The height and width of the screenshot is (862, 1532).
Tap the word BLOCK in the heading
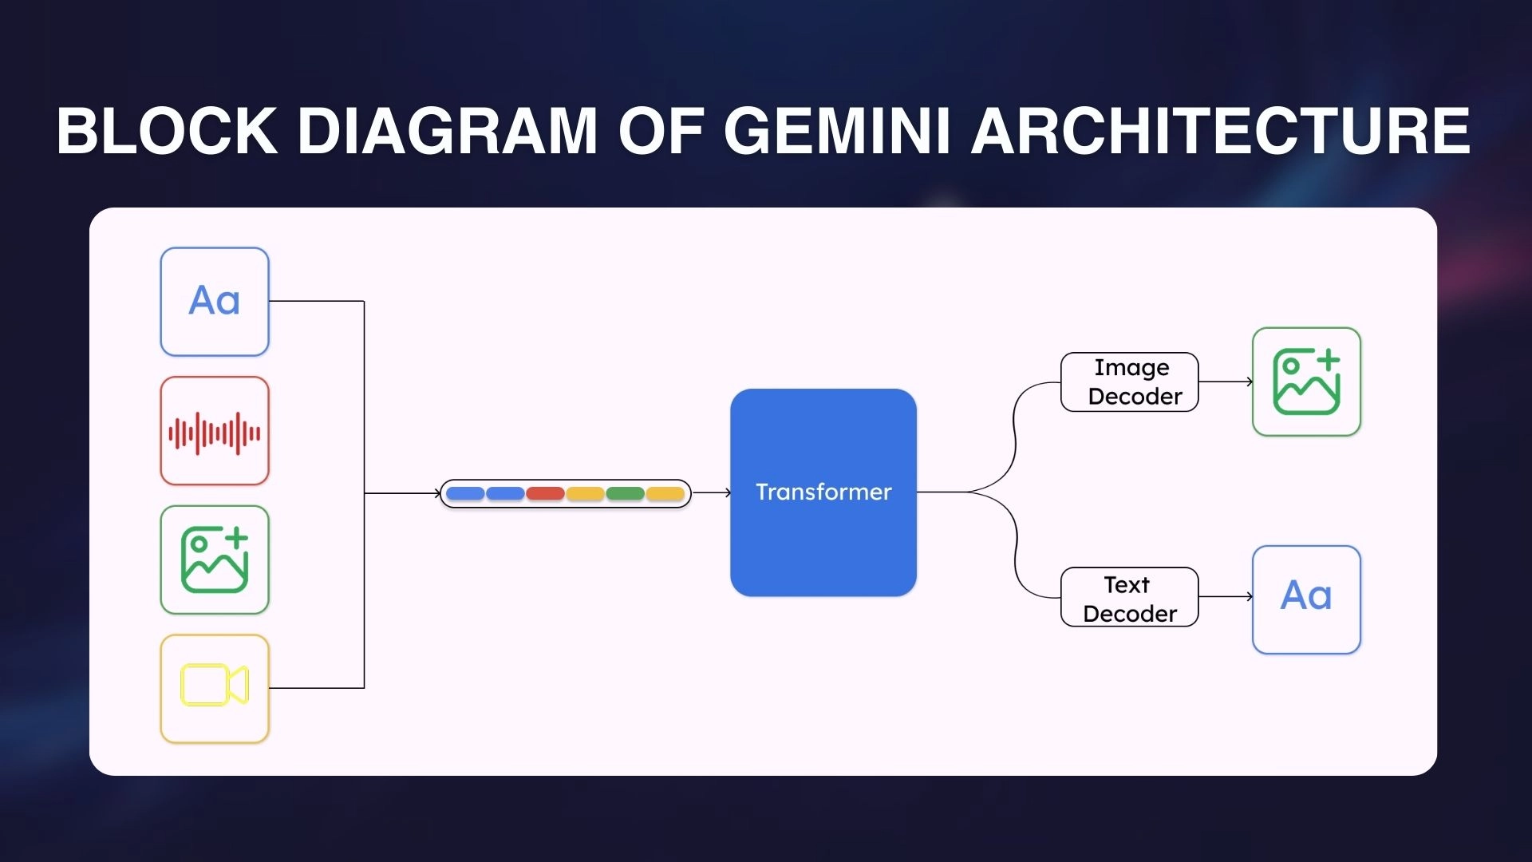click(167, 131)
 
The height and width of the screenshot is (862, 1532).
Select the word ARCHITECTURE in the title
click(1220, 131)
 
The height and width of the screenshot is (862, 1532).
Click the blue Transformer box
click(823, 492)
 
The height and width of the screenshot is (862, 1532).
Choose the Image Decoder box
click(1129, 382)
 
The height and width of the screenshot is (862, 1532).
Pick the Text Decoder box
click(1129, 598)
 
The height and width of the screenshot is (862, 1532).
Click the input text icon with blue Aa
click(215, 302)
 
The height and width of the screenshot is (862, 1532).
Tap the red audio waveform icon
click(215, 432)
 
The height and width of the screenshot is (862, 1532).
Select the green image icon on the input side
click(215, 560)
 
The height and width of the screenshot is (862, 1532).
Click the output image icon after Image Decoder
click(1306, 382)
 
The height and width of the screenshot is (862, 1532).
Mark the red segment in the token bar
click(545, 494)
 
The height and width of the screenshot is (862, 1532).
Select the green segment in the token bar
click(625, 494)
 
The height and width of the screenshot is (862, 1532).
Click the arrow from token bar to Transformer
click(712, 493)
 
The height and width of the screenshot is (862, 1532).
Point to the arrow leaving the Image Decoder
click(1226, 382)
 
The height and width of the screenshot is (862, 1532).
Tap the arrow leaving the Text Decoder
click(1226, 596)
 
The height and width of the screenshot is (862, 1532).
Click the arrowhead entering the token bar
click(436, 493)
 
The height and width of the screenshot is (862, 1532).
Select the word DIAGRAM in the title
click(447, 131)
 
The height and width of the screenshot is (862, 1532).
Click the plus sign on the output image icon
click(1328, 360)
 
